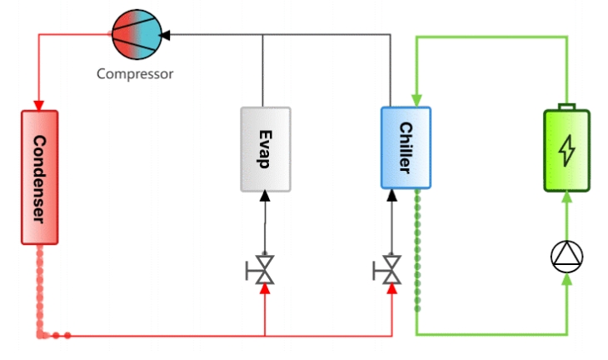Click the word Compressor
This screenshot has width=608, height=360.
pyautogui.click(x=135, y=73)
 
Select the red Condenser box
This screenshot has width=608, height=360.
pyautogui.click(x=39, y=177)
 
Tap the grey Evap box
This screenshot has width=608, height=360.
pyautogui.click(x=265, y=149)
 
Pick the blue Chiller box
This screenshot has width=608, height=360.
pyautogui.click(x=406, y=148)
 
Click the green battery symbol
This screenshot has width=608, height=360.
pyautogui.click(x=566, y=149)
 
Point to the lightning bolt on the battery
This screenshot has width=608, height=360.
pyautogui.click(x=566, y=150)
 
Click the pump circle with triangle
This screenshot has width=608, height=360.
pyautogui.click(x=566, y=257)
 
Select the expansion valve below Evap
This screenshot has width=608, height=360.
pyautogui.click(x=264, y=269)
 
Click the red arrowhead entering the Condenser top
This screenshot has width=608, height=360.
pyautogui.click(x=39, y=105)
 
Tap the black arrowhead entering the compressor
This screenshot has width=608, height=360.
pyautogui.click(x=165, y=35)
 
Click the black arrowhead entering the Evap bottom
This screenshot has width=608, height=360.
pyautogui.click(x=265, y=197)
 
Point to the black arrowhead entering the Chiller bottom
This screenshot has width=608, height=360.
pyautogui.click(x=391, y=197)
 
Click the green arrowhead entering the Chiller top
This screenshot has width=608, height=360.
pyautogui.click(x=416, y=102)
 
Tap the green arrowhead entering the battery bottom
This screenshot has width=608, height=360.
pyautogui.click(x=566, y=197)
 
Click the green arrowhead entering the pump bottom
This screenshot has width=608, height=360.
pyautogui.click(x=566, y=279)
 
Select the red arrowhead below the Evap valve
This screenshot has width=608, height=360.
pyautogui.click(x=265, y=289)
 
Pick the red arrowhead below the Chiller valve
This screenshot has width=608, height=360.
pyautogui.click(x=391, y=289)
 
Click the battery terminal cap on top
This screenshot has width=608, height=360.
pyautogui.click(x=566, y=107)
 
